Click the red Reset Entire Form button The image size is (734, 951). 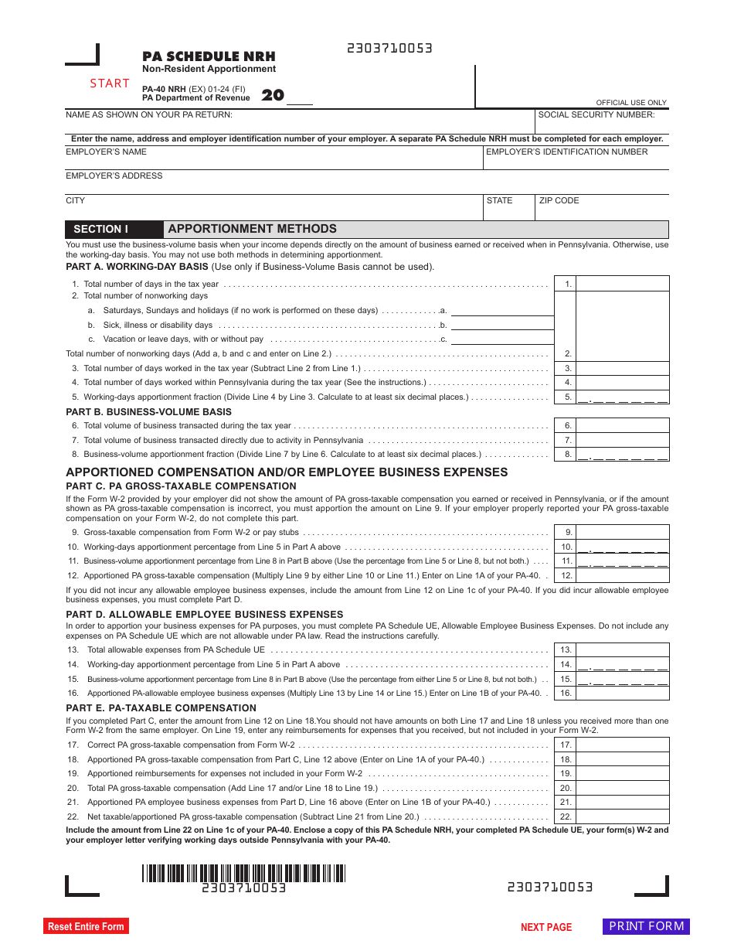pyautogui.click(x=86, y=926)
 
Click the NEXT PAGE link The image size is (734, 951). pyautogui.click(x=546, y=927)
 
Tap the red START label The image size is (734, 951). pyautogui.click(x=110, y=84)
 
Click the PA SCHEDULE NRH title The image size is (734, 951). pyautogui.click(x=209, y=56)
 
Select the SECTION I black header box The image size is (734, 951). pyautogui.click(x=114, y=230)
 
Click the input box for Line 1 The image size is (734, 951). pyautogui.click(x=622, y=284)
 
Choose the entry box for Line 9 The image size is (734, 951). pyautogui.click(x=622, y=532)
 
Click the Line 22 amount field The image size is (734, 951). pyautogui.click(x=622, y=816)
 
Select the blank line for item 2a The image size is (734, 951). pyautogui.click(x=501, y=310)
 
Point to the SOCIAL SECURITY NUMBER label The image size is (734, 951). pyautogui.click(x=596, y=115)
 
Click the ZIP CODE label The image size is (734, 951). pyautogui.click(x=559, y=201)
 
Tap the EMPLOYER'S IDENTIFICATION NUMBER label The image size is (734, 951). pyautogui.click(x=566, y=152)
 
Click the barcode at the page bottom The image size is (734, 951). pyautogui.click(x=243, y=873)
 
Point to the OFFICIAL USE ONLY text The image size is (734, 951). pyautogui.click(x=630, y=103)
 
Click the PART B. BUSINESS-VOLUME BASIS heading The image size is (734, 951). pyautogui.click(x=148, y=412)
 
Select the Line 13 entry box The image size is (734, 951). pyautogui.click(x=622, y=650)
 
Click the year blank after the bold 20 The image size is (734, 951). pyautogui.click(x=300, y=97)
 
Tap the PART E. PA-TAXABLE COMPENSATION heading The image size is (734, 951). pyautogui.click(x=161, y=708)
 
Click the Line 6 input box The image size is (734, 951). pyautogui.click(x=622, y=425)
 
